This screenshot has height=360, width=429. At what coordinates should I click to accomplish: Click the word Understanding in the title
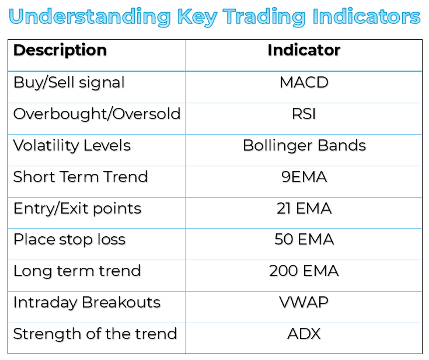pos(90,18)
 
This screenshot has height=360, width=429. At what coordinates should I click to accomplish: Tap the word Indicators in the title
pos(367,16)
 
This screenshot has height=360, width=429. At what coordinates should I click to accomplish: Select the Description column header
pos(60,51)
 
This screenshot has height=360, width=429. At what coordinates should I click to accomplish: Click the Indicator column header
pos(304,50)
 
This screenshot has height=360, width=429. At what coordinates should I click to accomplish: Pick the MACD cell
pos(304,82)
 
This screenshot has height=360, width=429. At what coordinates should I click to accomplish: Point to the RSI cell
pos(304,114)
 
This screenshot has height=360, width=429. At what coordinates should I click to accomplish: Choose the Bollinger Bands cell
pos(304,146)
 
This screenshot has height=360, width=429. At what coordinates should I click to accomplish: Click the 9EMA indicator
pos(304,177)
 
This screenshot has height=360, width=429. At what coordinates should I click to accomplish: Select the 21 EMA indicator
pos(304,208)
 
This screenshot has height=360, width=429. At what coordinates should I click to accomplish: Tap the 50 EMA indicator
pos(304,239)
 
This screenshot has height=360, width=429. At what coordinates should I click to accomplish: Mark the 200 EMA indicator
pos(304,271)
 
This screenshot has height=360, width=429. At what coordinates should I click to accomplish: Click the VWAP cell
pos(304,302)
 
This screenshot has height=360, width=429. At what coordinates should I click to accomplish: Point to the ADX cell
pos(304,334)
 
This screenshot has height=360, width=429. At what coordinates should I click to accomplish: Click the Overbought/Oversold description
pos(97,114)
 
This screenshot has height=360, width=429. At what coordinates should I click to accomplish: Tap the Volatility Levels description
pos(72,146)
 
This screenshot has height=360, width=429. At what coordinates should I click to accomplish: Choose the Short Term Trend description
pos(81,177)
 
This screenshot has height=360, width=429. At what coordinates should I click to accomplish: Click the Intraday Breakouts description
pos(87,303)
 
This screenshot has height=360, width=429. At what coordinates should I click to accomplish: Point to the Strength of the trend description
pos(95,334)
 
